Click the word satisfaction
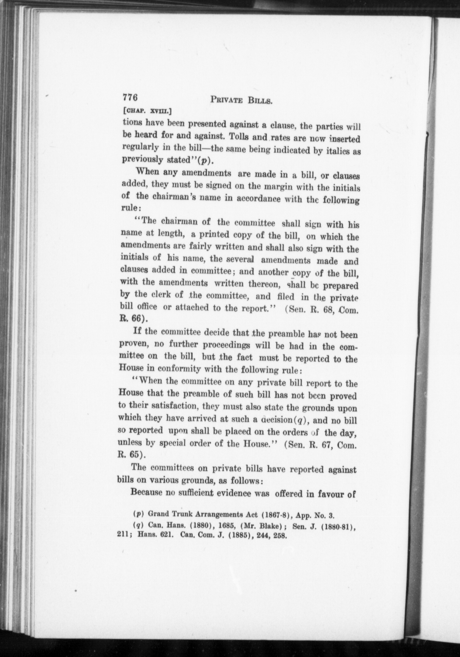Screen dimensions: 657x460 (x=170, y=406)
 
